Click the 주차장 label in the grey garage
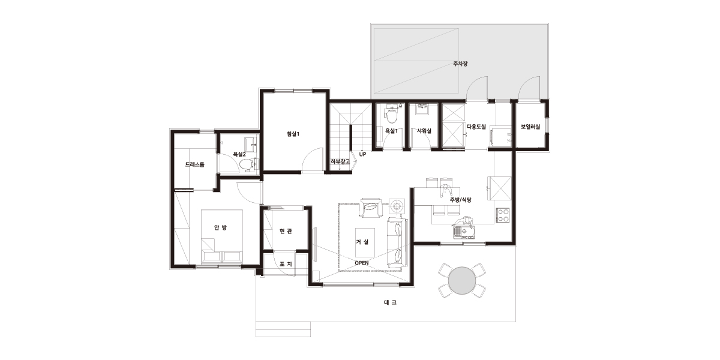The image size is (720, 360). tap(460, 64)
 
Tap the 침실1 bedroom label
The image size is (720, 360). tap(293, 134)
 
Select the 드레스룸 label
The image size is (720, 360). tap(194, 164)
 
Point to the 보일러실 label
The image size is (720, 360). tap(530, 127)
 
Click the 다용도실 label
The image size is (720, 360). tap(476, 127)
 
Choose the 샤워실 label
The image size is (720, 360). tap(424, 131)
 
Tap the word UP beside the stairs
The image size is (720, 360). tap(362, 154)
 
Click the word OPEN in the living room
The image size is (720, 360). tap(362, 263)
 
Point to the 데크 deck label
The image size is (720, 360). tap(390, 302)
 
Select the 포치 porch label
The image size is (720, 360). tap(286, 264)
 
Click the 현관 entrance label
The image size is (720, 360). tap(286, 231)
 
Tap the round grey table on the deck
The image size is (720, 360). tap(462, 281)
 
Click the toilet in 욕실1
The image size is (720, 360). tap(391, 116)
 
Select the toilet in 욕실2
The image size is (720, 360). tap(247, 164)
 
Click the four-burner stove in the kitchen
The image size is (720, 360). tap(502, 215)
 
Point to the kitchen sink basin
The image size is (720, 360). tap(464, 232)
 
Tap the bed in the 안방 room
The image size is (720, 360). tap(222, 236)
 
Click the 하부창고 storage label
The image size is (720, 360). tap(340, 161)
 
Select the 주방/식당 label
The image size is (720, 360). tap(461, 200)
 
